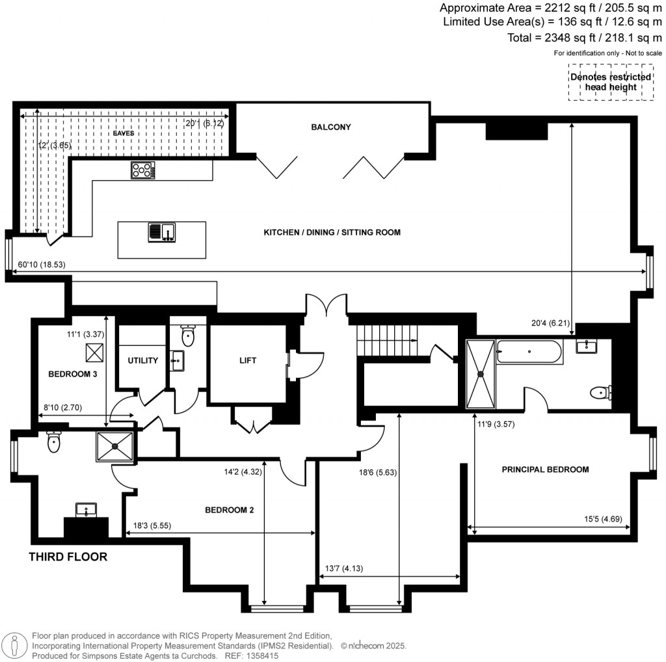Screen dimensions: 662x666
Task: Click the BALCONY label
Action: [x=330, y=127]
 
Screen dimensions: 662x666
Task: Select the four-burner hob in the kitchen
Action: [x=144, y=170]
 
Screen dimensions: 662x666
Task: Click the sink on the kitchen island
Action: [x=161, y=232]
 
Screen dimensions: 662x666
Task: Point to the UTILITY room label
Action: [x=142, y=360]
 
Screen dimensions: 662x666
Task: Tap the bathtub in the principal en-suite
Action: [x=528, y=353]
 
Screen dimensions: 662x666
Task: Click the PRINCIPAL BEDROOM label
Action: [x=545, y=469]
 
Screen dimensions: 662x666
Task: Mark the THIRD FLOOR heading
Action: [x=68, y=557]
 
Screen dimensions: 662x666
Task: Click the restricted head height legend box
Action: [x=610, y=82]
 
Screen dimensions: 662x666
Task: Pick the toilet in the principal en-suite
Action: [x=600, y=392]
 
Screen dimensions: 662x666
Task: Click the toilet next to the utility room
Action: [x=188, y=336]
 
